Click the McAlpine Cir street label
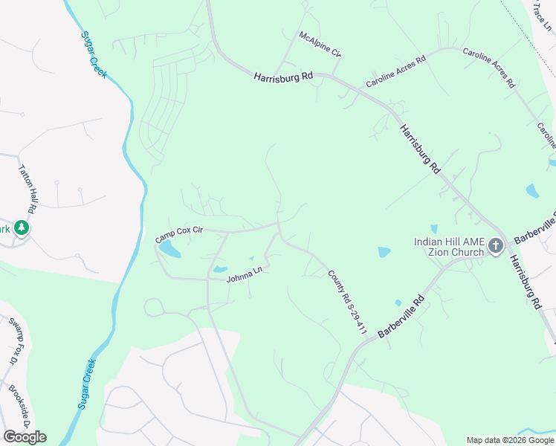coord(320,44)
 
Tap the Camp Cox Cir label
coord(178,235)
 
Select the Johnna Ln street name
coord(245,277)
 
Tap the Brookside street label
coord(19,405)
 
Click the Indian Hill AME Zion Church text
coord(449,247)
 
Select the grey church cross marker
coord(497,247)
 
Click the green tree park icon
coord(22,228)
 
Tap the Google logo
coord(25,436)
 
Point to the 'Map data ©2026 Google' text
coord(510,440)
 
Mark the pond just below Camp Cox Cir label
coord(169,249)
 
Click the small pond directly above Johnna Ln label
coord(220,268)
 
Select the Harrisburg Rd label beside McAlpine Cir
coord(283,77)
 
